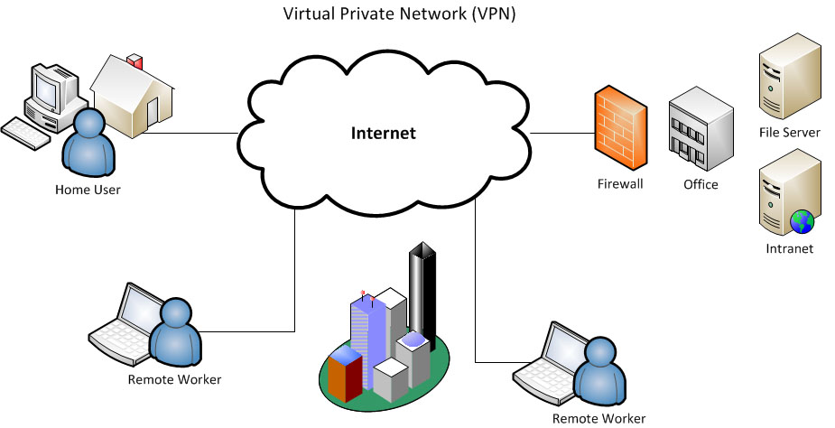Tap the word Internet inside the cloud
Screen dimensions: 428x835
(384, 134)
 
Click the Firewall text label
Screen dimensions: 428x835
(620, 184)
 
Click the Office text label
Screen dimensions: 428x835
(700, 184)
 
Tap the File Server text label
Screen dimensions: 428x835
(790, 133)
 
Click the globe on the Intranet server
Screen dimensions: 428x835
(801, 220)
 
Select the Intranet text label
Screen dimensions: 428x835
(790, 248)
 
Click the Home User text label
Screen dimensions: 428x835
(88, 190)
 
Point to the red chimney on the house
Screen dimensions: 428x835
(135, 62)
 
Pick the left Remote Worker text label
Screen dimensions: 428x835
(175, 379)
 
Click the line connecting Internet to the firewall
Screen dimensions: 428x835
(561, 134)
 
